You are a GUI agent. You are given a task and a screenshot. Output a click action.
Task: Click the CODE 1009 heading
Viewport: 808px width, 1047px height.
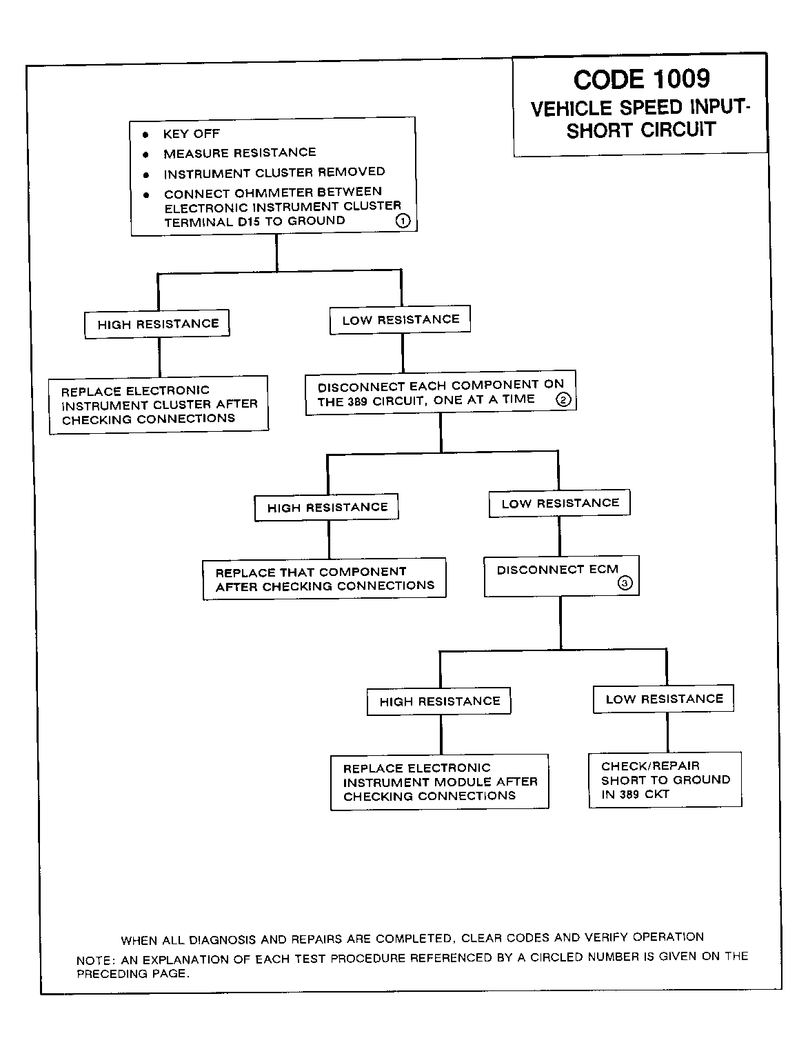(x=641, y=79)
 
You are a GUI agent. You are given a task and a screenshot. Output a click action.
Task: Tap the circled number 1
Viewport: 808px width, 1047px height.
(x=403, y=221)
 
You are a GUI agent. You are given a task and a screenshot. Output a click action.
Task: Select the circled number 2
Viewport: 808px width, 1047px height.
(x=563, y=399)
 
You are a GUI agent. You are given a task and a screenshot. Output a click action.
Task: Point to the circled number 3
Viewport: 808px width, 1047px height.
(x=625, y=584)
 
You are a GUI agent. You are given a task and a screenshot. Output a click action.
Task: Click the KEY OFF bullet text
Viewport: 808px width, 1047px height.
(x=191, y=134)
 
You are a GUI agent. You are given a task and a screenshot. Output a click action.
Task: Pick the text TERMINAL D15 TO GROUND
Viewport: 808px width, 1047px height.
(x=254, y=221)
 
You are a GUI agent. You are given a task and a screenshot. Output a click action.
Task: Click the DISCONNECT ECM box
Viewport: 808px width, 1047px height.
(x=561, y=576)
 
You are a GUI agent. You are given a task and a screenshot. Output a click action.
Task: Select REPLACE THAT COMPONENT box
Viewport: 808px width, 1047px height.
(x=324, y=579)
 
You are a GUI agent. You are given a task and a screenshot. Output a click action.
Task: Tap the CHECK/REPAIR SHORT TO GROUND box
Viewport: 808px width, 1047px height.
(x=665, y=779)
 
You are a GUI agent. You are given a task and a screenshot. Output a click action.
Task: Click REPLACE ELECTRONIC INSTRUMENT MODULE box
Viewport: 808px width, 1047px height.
(x=439, y=782)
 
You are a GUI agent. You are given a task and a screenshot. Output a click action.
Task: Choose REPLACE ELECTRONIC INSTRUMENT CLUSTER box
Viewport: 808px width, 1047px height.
(x=159, y=406)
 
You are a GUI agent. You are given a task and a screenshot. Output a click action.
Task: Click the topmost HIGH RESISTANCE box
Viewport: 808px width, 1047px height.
(x=157, y=324)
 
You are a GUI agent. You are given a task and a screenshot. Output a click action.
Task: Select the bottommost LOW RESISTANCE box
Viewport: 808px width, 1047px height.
(x=663, y=699)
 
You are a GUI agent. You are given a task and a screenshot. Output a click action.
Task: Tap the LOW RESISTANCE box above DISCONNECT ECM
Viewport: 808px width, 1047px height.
(x=560, y=503)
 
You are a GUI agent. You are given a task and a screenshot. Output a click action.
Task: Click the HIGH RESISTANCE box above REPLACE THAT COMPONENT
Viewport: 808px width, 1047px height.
(x=327, y=508)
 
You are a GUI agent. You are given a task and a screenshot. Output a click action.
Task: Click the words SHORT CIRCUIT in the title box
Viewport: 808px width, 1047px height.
(x=641, y=130)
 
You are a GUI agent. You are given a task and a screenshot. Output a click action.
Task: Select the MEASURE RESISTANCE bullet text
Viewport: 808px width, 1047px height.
(x=239, y=153)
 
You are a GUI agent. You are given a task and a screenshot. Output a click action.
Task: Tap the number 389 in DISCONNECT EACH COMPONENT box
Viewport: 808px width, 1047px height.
(x=357, y=401)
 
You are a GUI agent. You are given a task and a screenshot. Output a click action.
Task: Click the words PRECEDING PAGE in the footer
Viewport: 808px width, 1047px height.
(x=133, y=974)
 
